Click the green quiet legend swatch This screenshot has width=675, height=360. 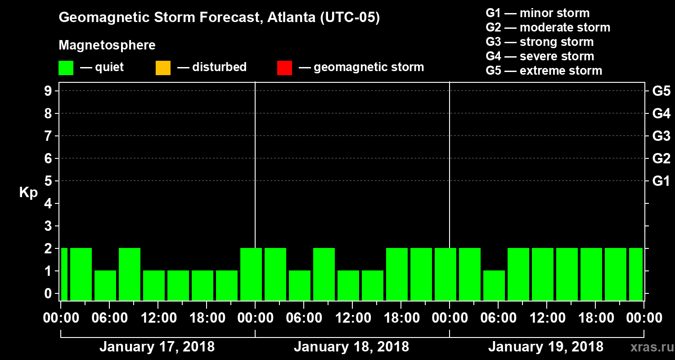click(x=66, y=68)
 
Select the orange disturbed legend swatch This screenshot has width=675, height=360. click(x=163, y=68)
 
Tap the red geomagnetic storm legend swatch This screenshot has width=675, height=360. click(x=284, y=68)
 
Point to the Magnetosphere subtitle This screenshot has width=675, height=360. click(x=107, y=45)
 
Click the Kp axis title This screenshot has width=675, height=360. click(x=28, y=193)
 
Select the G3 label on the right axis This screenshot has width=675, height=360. click(x=661, y=136)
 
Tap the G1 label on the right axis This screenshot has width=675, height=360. click(x=661, y=181)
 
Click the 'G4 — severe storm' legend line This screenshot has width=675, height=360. click(x=540, y=56)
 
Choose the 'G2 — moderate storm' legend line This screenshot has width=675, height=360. click(x=548, y=27)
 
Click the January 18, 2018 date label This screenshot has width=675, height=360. click(x=351, y=347)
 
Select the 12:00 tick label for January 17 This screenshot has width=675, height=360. click(x=158, y=318)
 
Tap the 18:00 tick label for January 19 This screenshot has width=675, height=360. click(x=595, y=318)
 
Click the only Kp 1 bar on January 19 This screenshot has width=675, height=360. click(x=494, y=285)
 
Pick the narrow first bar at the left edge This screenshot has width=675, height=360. click(x=64, y=274)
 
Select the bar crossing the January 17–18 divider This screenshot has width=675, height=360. click(x=251, y=274)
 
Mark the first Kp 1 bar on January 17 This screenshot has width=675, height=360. click(x=105, y=285)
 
